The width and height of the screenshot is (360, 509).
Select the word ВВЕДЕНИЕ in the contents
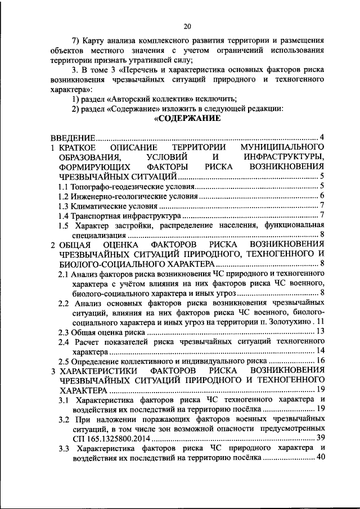[x=72, y=137]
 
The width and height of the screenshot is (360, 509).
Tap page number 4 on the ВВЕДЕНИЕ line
[x=322, y=137]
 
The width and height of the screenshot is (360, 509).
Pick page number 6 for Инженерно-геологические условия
[x=322, y=196]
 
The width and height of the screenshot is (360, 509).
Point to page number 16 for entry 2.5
[x=319, y=361]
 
